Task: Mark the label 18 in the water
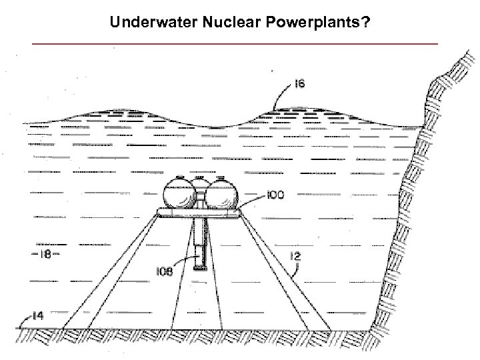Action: coord(41,254)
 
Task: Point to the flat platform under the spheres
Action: coord(200,213)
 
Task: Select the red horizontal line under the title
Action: coord(235,43)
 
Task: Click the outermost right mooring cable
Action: coord(287,273)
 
